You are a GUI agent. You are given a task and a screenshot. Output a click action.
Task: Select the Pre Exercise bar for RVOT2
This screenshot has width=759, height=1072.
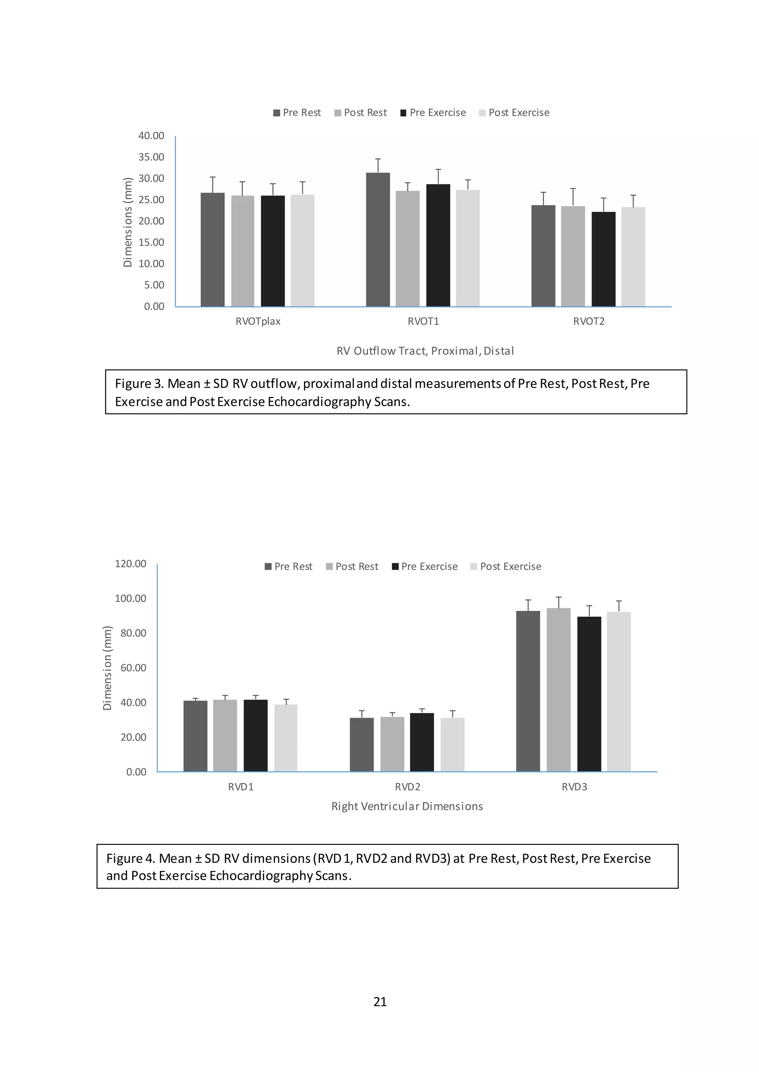coord(603,259)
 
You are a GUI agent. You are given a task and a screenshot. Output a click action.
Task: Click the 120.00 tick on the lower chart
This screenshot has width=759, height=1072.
coord(130,563)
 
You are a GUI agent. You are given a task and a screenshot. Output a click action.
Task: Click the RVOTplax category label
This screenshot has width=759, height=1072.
coord(258,321)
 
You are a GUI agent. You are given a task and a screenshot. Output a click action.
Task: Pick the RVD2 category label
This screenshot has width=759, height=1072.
coord(408,787)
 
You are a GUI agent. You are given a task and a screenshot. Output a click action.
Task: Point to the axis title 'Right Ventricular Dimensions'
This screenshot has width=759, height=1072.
coord(407,806)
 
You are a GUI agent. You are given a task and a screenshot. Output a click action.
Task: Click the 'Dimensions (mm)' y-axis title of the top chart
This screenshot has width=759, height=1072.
coord(127,222)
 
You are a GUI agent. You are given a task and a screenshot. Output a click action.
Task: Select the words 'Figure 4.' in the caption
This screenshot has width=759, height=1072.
coord(130,859)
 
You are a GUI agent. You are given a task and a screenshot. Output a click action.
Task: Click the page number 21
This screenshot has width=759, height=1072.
coord(380,1002)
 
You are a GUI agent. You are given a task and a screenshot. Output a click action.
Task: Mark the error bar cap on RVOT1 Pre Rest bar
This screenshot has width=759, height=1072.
coord(378,159)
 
